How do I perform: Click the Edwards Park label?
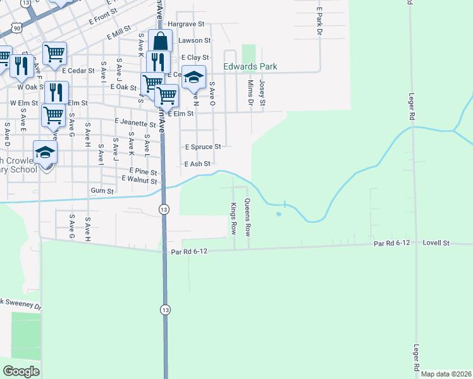click(250, 66)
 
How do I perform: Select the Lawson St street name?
click(194, 40)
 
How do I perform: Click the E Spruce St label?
click(202, 147)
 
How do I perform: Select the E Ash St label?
click(197, 164)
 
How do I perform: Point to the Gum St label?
click(102, 191)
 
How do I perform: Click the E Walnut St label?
click(139, 181)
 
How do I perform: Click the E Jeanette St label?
click(135, 124)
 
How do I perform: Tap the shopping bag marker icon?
click(161, 42)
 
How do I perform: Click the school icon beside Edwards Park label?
click(194, 77)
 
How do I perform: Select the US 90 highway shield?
click(16, 28)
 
